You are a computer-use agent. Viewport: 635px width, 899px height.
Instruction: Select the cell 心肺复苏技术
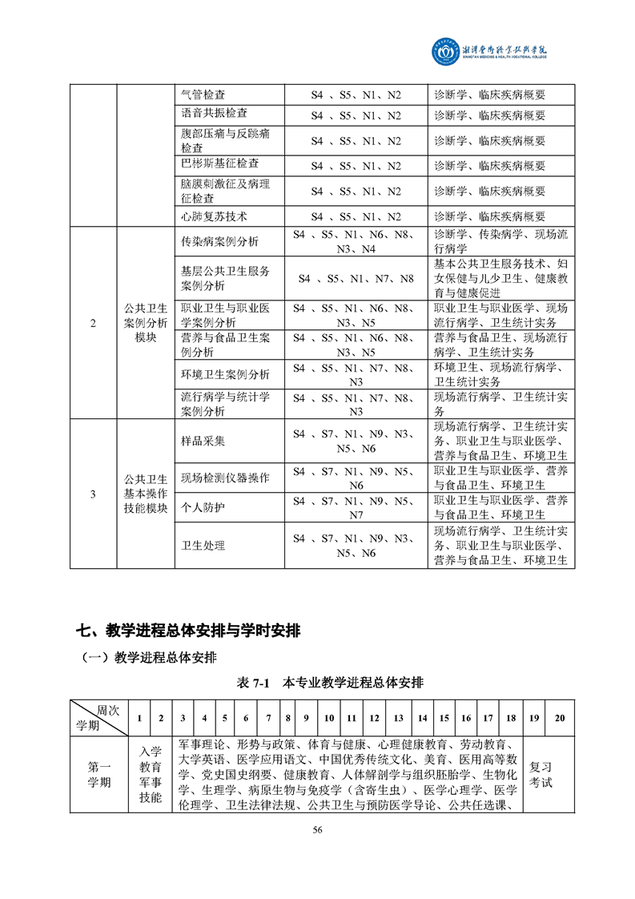tap(214, 216)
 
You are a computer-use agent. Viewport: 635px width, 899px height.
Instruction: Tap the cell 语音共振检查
tap(214, 115)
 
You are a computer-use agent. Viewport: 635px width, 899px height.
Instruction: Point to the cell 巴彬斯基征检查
tap(219, 163)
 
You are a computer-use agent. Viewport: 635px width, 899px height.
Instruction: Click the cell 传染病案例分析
tap(219, 241)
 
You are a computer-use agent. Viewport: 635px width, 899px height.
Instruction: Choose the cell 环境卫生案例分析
tap(225, 374)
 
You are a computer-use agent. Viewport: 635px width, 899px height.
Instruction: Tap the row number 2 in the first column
tap(93, 323)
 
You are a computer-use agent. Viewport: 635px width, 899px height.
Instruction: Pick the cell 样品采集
tap(203, 441)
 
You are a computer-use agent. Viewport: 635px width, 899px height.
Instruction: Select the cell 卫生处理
tap(203, 546)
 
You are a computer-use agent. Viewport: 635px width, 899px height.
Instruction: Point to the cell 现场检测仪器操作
tap(225, 478)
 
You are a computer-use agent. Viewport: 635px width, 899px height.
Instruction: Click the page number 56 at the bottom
tap(317, 829)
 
